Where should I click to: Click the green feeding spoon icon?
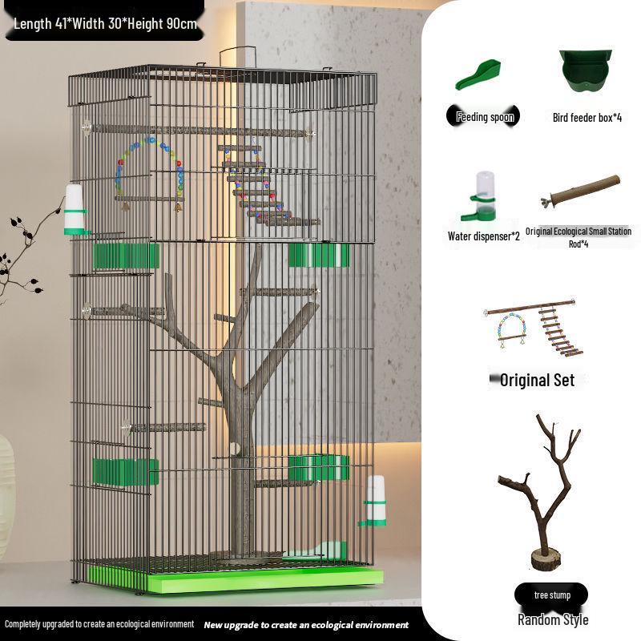[x=477, y=75]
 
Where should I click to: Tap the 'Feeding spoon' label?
[x=485, y=117]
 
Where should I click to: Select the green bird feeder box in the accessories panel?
[x=586, y=71]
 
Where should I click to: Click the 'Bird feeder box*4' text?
[x=587, y=118]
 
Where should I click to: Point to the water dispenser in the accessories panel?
[x=480, y=196]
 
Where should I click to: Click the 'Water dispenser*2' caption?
[x=484, y=236]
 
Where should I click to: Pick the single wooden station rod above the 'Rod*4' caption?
[x=580, y=191]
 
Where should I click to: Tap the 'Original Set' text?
[x=537, y=380]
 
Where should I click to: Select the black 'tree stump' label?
[x=551, y=595]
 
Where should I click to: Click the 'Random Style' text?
[x=553, y=619]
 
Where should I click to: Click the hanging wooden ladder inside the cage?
[x=266, y=189]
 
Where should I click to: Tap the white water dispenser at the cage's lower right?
[x=374, y=502]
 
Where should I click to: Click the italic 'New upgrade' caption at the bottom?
[x=306, y=625]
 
